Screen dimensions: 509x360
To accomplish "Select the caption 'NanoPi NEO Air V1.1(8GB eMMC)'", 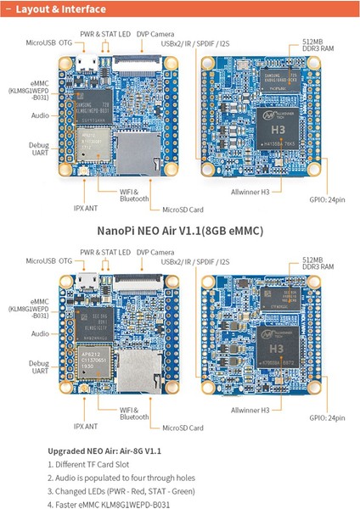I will [179, 231].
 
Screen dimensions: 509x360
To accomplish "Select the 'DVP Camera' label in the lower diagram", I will [154, 253].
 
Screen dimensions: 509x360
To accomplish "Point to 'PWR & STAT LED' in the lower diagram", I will [105, 253].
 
